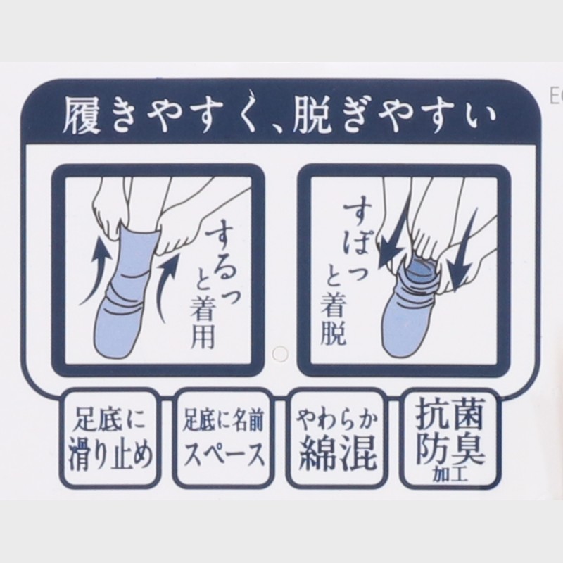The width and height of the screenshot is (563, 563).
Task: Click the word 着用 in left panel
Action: (x=203, y=326)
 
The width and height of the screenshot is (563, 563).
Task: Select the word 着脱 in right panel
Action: (x=334, y=322)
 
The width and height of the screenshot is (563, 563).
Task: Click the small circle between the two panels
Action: (x=280, y=354)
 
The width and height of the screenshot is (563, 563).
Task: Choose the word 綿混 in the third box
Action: (x=338, y=453)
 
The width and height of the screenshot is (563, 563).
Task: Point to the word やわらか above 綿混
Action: (x=338, y=420)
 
